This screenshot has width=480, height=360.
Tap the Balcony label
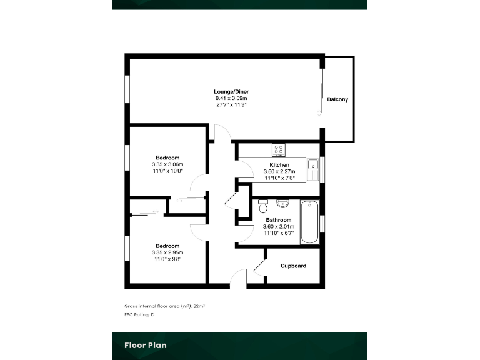(x=337, y=100)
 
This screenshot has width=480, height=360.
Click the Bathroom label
(x=279, y=220)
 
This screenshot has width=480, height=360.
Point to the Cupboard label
(x=293, y=266)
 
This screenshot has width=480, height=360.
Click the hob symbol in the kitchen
(x=278, y=150)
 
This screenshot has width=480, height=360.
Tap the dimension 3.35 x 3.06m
(x=167, y=164)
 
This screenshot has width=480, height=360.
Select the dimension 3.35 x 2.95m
(x=167, y=252)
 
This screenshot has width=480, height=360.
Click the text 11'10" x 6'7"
(x=279, y=232)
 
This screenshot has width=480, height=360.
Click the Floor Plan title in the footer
(x=145, y=345)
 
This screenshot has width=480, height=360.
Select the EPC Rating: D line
(x=139, y=315)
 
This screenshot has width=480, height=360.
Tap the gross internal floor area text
(x=165, y=306)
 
